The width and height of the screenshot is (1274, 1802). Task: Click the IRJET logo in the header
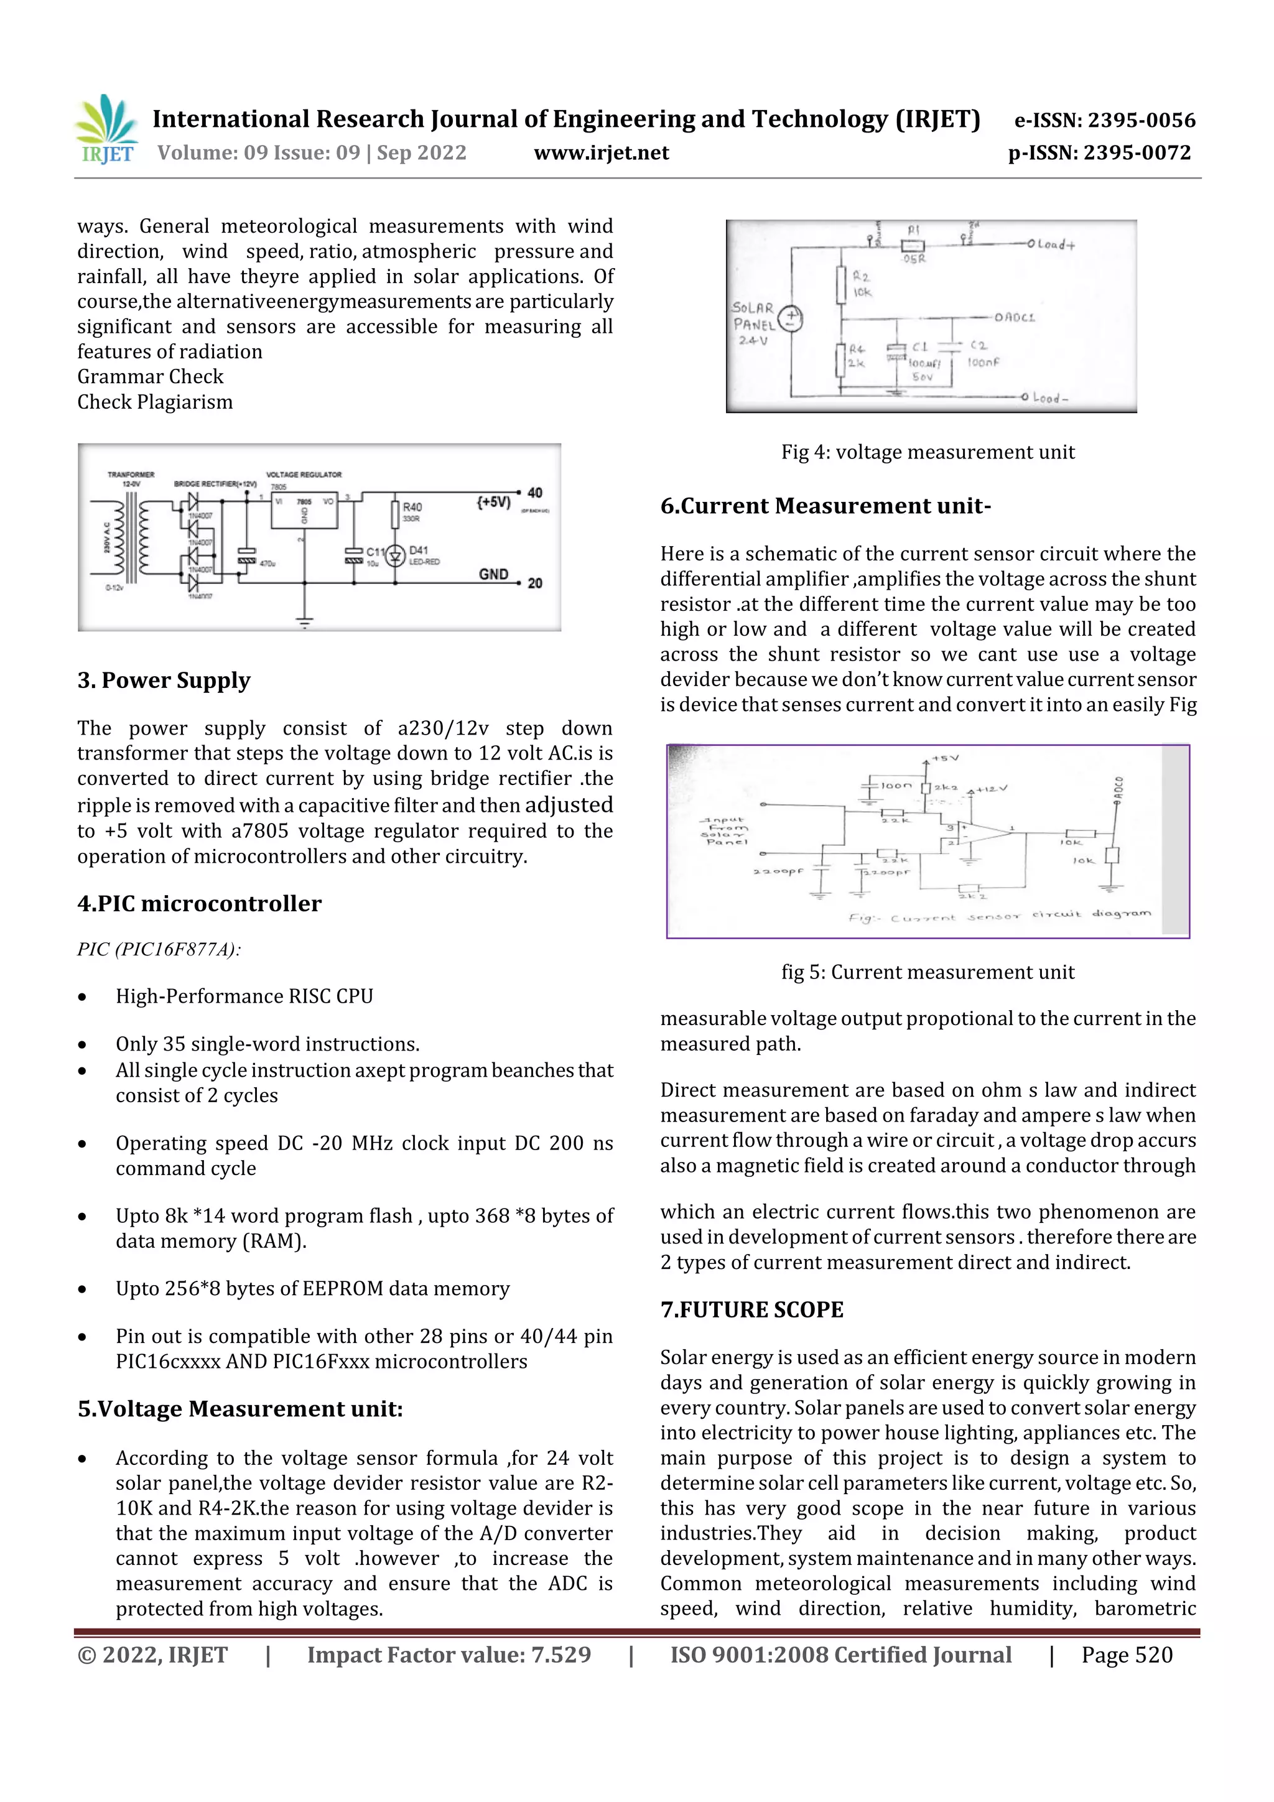[108, 129]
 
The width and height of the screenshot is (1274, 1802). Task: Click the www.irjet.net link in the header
[602, 153]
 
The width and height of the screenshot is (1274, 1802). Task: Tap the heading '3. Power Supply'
[163, 680]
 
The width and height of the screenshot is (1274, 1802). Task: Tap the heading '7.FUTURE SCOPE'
[751, 1310]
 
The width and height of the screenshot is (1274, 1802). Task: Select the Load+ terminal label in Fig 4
[1056, 244]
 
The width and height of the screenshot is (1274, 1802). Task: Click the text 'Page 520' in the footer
[1127, 1655]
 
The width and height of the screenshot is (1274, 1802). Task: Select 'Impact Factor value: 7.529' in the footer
[449, 1655]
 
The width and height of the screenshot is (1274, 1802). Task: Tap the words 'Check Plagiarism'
[155, 402]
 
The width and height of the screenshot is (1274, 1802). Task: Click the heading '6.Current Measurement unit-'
[825, 506]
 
